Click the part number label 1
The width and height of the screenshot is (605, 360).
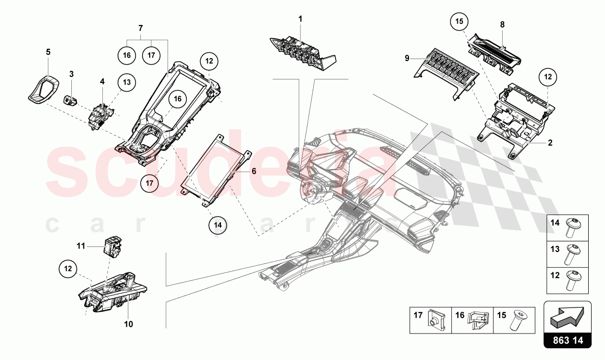[x=300, y=18]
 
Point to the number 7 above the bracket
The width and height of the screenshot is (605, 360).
[x=141, y=26]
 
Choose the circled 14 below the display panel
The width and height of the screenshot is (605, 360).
[x=217, y=224]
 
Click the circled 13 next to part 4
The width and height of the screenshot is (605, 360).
[x=126, y=82]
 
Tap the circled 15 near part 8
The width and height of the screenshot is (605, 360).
[x=459, y=22]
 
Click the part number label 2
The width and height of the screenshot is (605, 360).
[x=550, y=143]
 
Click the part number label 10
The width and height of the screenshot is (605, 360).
[x=128, y=324]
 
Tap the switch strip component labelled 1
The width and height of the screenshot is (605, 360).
[x=300, y=53]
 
